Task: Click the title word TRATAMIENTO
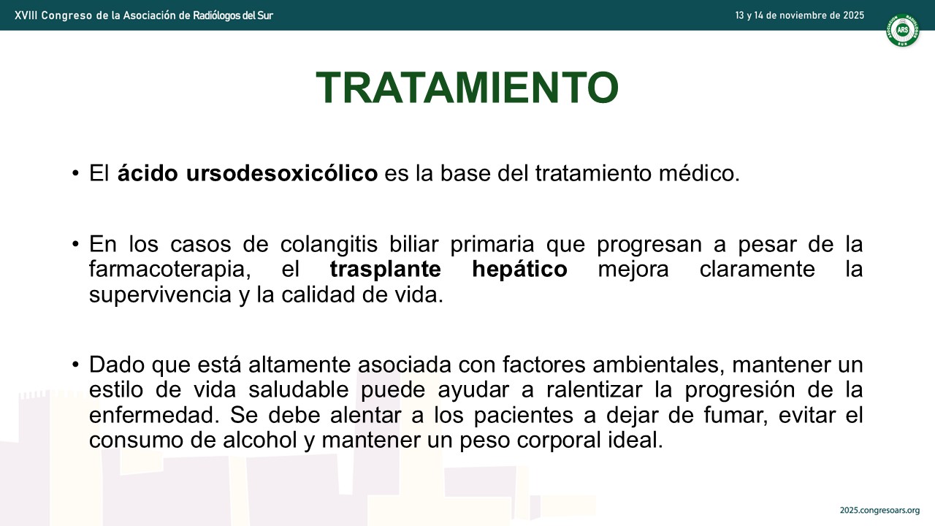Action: coord(467,87)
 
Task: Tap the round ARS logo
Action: coord(902,30)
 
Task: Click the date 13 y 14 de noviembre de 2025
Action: coord(799,15)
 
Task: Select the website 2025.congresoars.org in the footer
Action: coord(879,511)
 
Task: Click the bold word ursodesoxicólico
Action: coord(282,173)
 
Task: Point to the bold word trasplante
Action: coord(385,270)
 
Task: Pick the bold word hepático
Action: coord(519,270)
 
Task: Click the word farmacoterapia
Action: coord(170,270)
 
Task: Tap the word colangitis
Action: coord(329,245)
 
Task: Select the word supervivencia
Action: coord(160,295)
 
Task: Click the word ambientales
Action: coord(659,365)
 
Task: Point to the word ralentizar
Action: coord(595,390)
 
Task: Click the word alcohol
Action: coord(259,441)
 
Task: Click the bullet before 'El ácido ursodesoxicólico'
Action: coord(75,173)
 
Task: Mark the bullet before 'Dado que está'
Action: coord(75,365)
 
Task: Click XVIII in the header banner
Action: coord(26,15)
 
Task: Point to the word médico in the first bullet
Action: coord(699,173)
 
